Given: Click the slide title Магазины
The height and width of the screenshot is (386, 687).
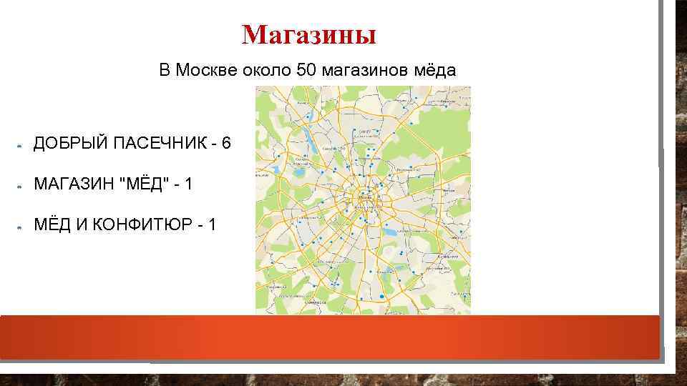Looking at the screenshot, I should pos(308,34).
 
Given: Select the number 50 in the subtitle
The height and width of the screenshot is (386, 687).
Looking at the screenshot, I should pos(306,71).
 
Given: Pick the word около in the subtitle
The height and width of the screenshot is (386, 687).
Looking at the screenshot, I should pos(261,71).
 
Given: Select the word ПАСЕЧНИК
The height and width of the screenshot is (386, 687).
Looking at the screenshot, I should pos(155,143).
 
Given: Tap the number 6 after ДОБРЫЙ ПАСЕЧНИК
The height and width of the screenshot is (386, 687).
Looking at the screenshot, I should pos(226,143).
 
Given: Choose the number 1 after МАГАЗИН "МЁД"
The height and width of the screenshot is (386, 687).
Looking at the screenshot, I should pos(187,184).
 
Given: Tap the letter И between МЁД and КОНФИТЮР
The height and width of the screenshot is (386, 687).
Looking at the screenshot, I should pos(81,225).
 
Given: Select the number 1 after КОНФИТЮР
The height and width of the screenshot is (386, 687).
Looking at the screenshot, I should pos(212,225).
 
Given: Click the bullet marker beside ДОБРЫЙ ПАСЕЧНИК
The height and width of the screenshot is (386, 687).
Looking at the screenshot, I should pos(20,145).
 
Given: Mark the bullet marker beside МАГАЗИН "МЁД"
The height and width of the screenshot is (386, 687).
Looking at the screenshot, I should pos(20,186).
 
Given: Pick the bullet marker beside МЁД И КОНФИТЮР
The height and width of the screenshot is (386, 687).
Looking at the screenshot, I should pos(20,227).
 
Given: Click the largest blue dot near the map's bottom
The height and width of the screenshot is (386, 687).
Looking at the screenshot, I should pos(382,296).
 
